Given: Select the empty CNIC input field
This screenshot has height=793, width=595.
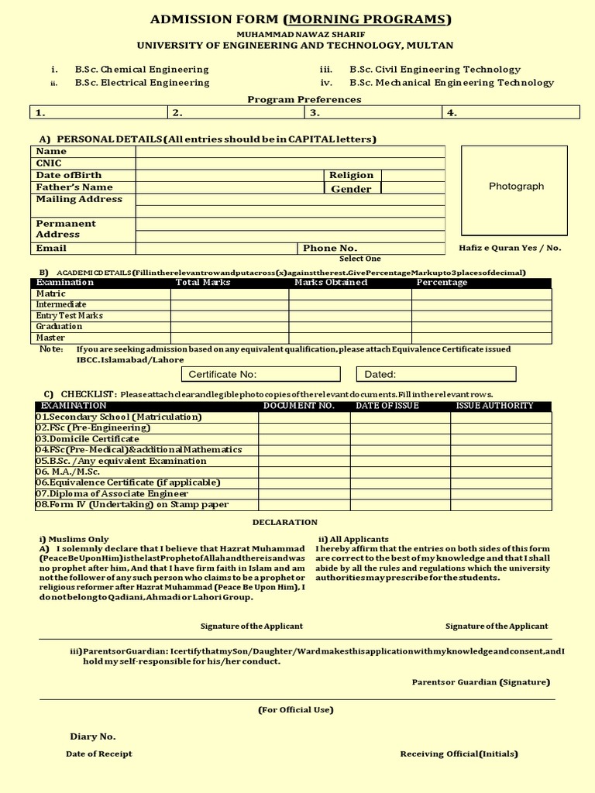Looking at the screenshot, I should [x=290, y=163].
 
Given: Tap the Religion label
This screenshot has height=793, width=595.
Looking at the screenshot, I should [x=351, y=175].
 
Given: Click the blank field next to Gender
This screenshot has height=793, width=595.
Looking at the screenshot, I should [x=413, y=188].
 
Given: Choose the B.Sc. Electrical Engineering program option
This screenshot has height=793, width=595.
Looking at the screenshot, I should [x=142, y=82].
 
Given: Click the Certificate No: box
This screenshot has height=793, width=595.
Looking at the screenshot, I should [x=261, y=374].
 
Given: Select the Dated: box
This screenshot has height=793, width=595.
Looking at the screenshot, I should [x=436, y=374].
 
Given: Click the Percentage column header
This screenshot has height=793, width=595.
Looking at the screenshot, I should [x=442, y=283].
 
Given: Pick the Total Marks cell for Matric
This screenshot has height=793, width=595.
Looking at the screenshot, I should [x=229, y=294].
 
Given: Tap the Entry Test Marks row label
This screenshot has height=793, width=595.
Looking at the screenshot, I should [x=70, y=316].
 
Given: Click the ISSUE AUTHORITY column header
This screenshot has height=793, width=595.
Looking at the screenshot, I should [x=494, y=406].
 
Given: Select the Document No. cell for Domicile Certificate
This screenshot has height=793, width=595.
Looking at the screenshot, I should [x=304, y=439].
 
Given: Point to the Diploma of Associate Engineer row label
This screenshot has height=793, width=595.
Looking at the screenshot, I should [x=112, y=494].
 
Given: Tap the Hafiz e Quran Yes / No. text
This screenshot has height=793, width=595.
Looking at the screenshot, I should [x=510, y=248].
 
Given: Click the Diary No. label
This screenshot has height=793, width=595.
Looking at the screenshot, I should [x=92, y=736].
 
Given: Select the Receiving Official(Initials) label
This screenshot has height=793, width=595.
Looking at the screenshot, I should [x=459, y=754].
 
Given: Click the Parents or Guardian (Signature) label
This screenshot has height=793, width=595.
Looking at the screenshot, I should [x=480, y=682].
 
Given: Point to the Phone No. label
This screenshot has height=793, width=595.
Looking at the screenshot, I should [x=330, y=248].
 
